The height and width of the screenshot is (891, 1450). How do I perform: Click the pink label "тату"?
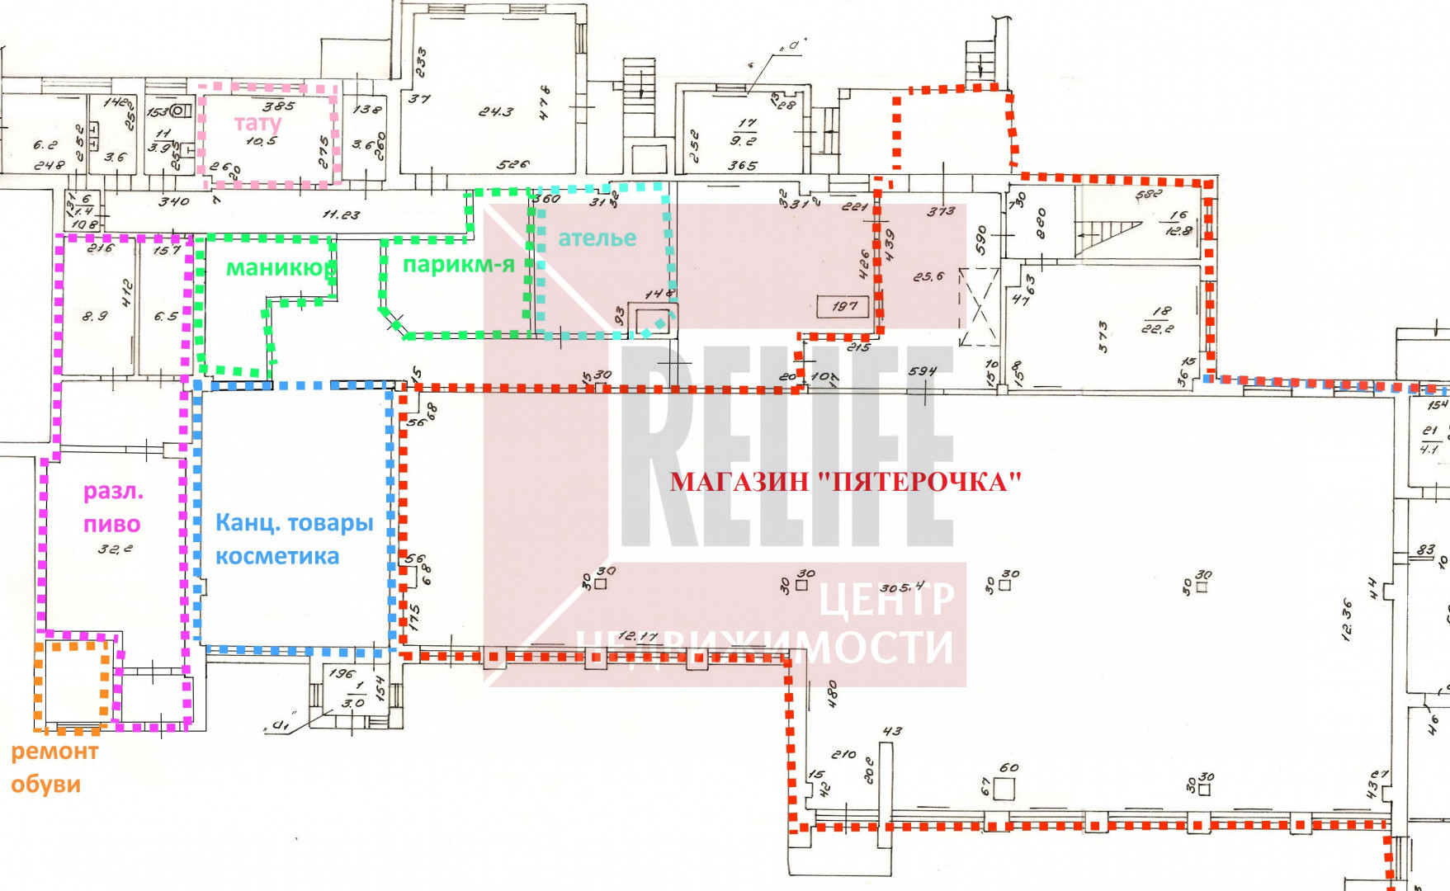(257, 124)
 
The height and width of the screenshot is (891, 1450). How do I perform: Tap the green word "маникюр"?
(281, 268)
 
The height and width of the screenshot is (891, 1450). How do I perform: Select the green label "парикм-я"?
(458, 265)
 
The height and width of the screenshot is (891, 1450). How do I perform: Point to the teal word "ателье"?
(597, 238)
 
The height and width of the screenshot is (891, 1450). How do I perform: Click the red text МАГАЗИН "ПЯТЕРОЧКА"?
(845, 482)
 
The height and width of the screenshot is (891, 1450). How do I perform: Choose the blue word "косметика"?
(277, 557)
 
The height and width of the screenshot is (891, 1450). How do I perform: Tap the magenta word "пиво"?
(112, 524)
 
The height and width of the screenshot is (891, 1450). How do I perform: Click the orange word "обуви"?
(45, 784)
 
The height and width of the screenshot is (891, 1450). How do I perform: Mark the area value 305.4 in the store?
(902, 588)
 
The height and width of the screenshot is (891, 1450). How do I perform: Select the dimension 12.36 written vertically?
(1348, 620)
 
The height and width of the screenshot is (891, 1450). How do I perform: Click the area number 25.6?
(928, 277)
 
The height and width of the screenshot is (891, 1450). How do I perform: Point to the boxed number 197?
(844, 306)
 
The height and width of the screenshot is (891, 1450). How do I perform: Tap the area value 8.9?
(96, 315)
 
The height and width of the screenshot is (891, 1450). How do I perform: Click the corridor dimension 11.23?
(341, 214)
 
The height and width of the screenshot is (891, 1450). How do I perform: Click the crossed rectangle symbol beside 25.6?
(980, 307)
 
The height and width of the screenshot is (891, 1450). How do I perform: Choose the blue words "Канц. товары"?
(295, 523)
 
